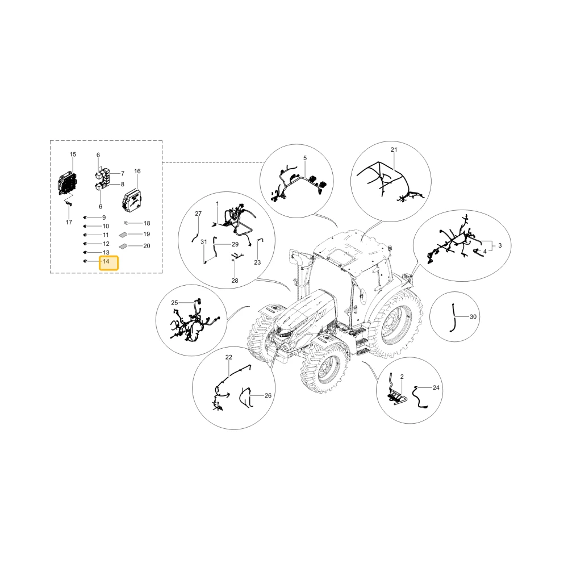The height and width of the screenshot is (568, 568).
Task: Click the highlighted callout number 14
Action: tap(106, 261)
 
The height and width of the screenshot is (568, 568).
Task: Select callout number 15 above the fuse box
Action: tap(73, 154)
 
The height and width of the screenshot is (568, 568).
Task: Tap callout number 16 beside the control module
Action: tap(137, 172)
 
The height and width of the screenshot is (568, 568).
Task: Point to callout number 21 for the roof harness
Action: tap(394, 149)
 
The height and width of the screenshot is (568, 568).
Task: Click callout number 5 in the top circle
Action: tap(305, 158)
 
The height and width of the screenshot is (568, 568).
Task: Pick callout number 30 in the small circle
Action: tap(473, 317)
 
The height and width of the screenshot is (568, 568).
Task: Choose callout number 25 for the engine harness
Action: tap(174, 303)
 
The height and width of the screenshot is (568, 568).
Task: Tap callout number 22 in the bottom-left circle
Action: tap(228, 357)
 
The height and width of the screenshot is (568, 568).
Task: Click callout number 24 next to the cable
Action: tap(436, 388)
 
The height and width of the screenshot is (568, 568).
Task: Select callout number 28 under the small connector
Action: tap(235, 281)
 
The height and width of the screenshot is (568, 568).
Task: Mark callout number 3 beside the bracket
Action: tap(500, 245)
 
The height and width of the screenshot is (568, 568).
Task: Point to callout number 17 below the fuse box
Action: tap(69, 223)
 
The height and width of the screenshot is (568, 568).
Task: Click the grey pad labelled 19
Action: tap(123, 235)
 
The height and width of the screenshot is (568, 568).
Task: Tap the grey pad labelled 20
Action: tap(123, 247)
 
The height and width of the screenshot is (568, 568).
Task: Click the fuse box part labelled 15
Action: tap(68, 183)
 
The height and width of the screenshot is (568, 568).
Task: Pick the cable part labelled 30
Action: tap(453, 318)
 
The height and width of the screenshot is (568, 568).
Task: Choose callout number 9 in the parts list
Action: tap(104, 218)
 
